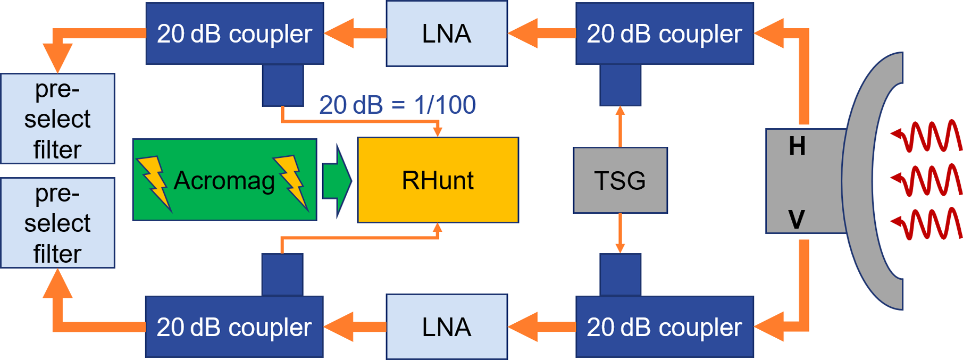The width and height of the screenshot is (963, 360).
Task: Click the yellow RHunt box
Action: pyautogui.click(x=438, y=180)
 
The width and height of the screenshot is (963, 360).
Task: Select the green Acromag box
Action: pyautogui.click(x=224, y=180)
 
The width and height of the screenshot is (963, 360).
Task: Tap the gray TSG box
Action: pyautogui.click(x=620, y=180)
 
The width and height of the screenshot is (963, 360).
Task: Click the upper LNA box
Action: pyautogui.click(x=447, y=34)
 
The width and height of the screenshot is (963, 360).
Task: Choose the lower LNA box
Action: pyautogui.click(x=447, y=326)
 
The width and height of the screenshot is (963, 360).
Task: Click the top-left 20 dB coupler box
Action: pyautogui.click(x=235, y=34)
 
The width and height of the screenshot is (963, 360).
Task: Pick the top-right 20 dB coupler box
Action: pyautogui.click(x=664, y=34)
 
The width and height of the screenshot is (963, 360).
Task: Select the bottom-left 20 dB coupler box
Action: pyautogui.click(x=234, y=326)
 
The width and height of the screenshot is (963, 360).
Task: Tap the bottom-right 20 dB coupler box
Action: pyautogui.click(x=664, y=326)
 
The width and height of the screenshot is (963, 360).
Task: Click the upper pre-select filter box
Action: pyautogui.click(x=57, y=119)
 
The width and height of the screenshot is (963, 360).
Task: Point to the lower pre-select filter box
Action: pyautogui.click(x=57, y=223)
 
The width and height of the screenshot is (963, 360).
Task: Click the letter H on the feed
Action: pyautogui.click(x=797, y=146)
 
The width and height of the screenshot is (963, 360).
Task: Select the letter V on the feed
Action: pyautogui.click(x=797, y=219)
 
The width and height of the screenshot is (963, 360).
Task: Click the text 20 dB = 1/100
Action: pyautogui.click(x=397, y=105)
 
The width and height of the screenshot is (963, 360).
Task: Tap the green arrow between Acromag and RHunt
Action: pyautogui.click(x=337, y=180)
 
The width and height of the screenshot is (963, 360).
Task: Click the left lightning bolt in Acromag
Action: pyautogui.click(x=154, y=181)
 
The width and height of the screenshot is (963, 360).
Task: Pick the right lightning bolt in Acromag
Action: pyautogui.click(x=292, y=180)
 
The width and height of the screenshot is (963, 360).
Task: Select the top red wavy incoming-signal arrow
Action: pyautogui.click(x=927, y=136)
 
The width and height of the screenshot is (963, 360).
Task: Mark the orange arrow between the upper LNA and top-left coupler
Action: pyautogui.click(x=355, y=34)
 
